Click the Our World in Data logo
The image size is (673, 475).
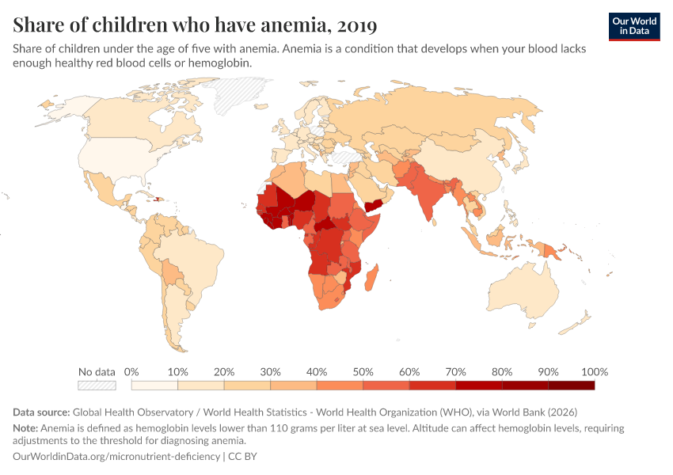[634, 26]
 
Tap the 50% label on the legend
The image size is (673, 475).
[363, 372]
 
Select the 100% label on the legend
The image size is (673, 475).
[594, 372]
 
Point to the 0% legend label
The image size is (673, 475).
[132, 372]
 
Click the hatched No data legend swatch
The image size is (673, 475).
[97, 386]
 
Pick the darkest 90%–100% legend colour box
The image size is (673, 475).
[571, 386]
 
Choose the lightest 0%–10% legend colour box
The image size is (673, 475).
[154, 386]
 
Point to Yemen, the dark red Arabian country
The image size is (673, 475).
[373, 207]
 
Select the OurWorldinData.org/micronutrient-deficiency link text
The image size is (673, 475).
[116, 457]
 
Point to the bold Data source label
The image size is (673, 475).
[41, 412]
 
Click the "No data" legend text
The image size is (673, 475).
[97, 372]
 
